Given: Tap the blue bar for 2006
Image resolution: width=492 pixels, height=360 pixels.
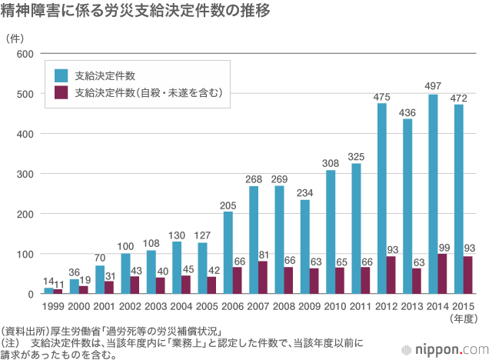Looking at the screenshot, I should point(228,253).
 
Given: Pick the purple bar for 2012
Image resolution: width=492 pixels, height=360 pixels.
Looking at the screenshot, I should point(392,275).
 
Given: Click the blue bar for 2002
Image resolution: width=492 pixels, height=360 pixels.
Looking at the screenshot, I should point(125,274).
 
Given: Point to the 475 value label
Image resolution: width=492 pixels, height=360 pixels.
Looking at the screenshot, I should point(382,97).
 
